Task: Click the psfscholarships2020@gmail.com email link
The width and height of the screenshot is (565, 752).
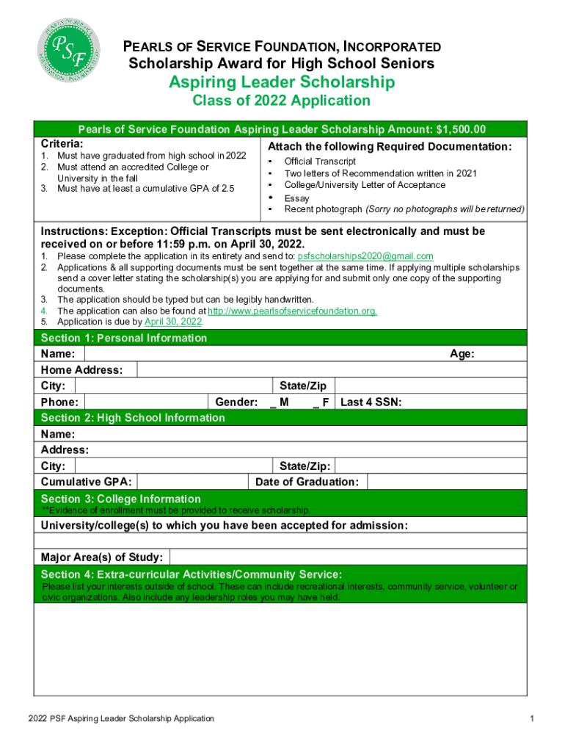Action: point(365,256)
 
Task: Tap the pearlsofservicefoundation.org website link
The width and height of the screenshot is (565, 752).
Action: point(293,311)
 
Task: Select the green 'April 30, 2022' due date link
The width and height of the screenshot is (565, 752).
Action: point(174,322)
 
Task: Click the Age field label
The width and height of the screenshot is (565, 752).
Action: point(462,354)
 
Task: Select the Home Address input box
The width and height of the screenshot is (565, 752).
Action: point(330,370)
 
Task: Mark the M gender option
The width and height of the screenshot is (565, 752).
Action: point(279,402)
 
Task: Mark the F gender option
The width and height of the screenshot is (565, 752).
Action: point(321,402)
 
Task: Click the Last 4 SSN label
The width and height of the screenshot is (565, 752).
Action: point(371,402)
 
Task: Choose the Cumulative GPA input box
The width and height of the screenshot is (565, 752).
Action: point(191,482)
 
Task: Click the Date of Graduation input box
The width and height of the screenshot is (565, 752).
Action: point(447,482)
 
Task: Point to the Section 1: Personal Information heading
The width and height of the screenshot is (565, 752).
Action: point(124,338)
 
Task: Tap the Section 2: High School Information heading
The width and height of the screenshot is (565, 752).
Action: point(133,418)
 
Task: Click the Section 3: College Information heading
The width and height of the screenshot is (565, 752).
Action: point(120,499)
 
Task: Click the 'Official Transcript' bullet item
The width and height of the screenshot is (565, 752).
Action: point(320,161)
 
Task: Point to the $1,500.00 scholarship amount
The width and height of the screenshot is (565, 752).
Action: point(460,130)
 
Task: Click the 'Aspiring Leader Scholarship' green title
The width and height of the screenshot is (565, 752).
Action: point(282,82)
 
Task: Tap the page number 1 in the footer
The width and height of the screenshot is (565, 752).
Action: point(529,718)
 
